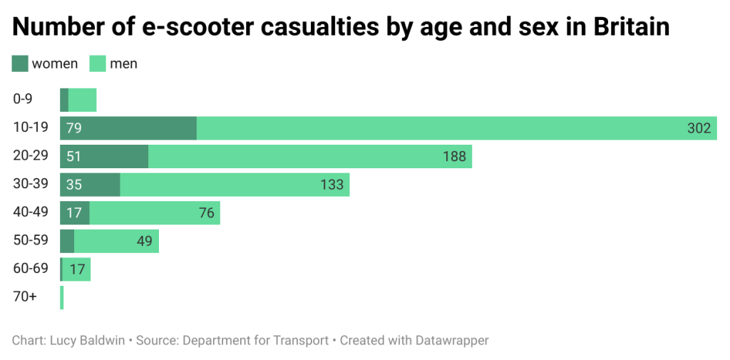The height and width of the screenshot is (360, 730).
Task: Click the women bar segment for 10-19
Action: tap(128, 128)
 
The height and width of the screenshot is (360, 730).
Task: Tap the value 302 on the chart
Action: tap(699, 128)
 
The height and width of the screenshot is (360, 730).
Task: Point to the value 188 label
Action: tap(454, 156)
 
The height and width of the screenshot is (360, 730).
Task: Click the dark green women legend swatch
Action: tap(20, 63)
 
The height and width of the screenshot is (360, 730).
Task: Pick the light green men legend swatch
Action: tap(97, 63)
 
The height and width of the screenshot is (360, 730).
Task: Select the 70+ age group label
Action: tap(25, 297)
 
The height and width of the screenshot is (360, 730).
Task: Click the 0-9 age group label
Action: tap(23, 100)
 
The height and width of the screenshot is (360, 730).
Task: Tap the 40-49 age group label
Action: tap(31, 212)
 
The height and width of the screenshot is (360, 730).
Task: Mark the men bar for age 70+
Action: tap(62, 297)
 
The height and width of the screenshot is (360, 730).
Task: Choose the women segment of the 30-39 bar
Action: tap(90, 185)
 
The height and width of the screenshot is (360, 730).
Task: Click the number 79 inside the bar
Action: tap(73, 128)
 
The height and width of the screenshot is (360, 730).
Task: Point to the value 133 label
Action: tap(331, 185)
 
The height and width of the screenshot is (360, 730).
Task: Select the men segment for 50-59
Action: tap(116, 241)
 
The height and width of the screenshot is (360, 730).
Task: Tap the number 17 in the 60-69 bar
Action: tap(78, 269)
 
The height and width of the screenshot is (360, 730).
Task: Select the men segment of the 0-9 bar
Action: tap(82, 100)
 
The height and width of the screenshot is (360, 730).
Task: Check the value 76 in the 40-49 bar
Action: tap(207, 212)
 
